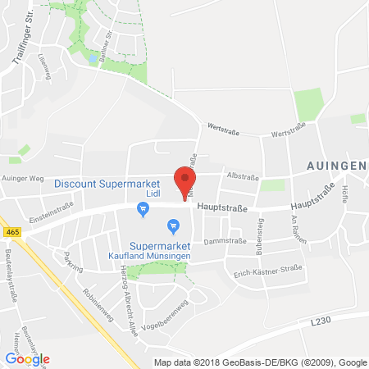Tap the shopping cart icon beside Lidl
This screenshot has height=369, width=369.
pyautogui.click(x=143, y=209)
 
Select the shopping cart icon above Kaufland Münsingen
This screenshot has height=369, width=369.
pyautogui.click(x=173, y=225)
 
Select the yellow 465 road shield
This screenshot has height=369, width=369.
pyautogui.click(x=9, y=231)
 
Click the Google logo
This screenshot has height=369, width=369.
pyautogui.click(x=27, y=358)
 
